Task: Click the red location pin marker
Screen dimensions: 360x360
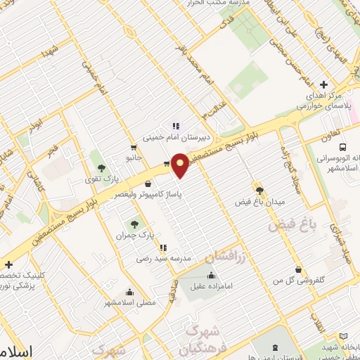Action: coord(181,165)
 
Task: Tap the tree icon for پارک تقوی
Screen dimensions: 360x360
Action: coord(102,167)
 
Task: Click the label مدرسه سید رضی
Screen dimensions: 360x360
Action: coord(163,259)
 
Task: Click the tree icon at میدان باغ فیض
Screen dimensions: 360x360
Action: coord(259,190)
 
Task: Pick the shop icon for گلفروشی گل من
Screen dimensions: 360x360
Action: coord(299,269)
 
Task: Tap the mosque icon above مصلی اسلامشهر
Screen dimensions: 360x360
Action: coord(129,292)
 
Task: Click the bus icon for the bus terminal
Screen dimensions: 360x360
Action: coord(342,148)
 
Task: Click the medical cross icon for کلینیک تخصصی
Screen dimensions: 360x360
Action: coord(8,264)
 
